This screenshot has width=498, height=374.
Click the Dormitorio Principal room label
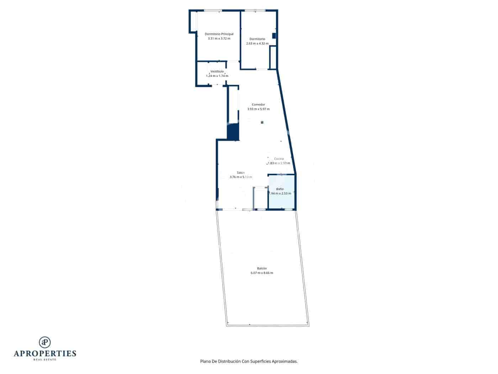[219, 34]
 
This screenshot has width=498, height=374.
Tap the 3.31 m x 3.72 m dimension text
[219, 39]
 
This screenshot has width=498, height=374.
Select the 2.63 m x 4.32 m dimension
[257, 43]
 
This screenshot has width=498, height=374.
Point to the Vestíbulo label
[217, 71]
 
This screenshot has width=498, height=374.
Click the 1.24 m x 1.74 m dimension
[217, 76]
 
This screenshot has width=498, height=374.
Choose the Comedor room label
[258, 104]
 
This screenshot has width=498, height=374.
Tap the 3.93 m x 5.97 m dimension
[258, 109]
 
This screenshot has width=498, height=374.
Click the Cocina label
[279, 159]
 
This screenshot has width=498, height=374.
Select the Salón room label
[241, 172]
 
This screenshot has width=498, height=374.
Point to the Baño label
[280, 189]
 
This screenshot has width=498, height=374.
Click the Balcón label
[262, 268]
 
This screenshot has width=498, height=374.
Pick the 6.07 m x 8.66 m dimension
[262, 273]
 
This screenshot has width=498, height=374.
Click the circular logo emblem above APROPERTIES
[45, 342]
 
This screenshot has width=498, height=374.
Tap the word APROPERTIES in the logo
[45, 353]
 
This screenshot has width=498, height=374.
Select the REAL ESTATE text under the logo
[45, 359]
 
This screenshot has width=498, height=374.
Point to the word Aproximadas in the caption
[285, 361]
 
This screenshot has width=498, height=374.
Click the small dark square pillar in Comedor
[262, 122]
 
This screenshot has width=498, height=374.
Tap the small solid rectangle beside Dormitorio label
[274, 36]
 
